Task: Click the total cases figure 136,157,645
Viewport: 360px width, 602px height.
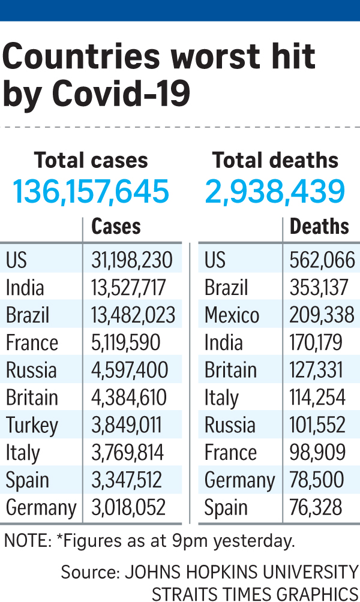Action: coord(91,192)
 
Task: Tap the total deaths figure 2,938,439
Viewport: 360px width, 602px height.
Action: coord(275,192)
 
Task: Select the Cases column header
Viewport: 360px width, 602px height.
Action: coord(116,227)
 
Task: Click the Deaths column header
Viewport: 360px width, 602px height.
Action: coord(319,227)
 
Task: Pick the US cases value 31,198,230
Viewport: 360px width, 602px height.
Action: coord(132,260)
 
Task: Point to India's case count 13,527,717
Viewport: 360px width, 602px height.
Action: coord(129,288)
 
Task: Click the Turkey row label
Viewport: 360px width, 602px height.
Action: coord(32,426)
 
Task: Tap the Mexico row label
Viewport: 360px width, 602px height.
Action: coord(232,315)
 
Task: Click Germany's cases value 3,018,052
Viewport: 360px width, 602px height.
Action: coord(128,508)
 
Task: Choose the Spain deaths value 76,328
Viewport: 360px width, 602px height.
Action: coord(316,508)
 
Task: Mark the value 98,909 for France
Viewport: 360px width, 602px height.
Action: coord(316,453)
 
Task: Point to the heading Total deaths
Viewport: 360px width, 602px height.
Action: coord(275,161)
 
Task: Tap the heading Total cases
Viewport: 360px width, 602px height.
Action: coord(91,161)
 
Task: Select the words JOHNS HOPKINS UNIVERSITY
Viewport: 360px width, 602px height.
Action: coord(240,572)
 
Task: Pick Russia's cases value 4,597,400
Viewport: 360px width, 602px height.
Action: coord(130,371)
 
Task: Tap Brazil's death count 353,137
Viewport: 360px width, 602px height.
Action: coord(319,288)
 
